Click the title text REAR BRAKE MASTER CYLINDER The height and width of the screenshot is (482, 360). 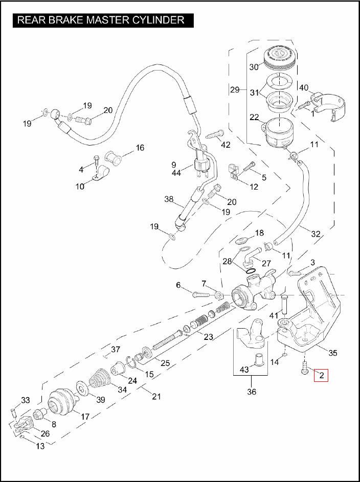click(x=101, y=20)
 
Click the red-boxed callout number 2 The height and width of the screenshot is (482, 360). click(x=321, y=376)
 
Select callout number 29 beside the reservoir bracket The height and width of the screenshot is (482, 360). click(x=235, y=89)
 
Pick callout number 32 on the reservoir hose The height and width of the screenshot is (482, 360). click(x=316, y=234)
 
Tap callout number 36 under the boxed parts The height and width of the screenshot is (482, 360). click(x=251, y=392)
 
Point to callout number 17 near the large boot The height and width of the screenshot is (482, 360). click(x=85, y=417)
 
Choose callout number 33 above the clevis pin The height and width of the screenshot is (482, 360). click(x=26, y=400)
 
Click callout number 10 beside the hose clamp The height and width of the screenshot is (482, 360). click(x=80, y=187)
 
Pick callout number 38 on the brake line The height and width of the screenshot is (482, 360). click(x=169, y=199)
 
